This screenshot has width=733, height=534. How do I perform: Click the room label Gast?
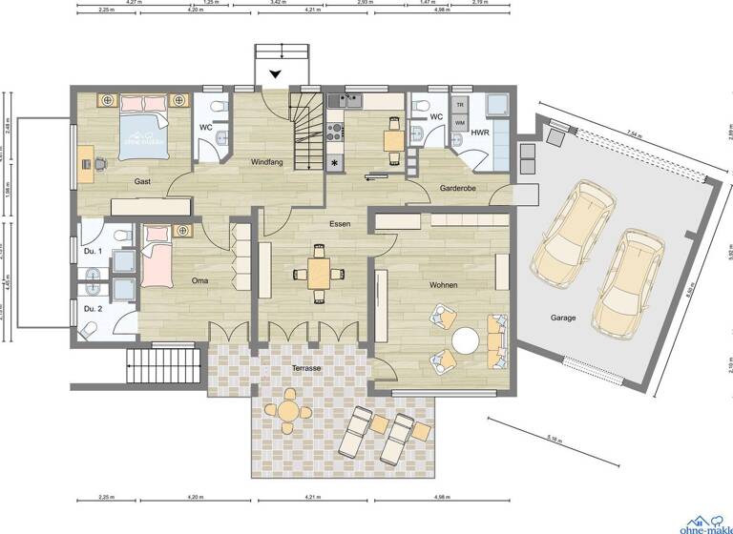(x=142, y=180)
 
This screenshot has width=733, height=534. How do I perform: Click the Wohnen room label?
(x=443, y=285)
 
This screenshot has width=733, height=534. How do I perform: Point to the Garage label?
(x=562, y=318)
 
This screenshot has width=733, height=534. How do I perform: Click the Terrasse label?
(x=306, y=367)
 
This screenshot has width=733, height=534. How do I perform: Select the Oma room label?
(x=199, y=280)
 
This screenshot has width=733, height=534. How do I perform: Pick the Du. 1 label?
(x=92, y=251)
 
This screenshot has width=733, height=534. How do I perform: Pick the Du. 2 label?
(x=92, y=309)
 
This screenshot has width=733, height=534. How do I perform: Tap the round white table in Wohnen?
(x=466, y=339)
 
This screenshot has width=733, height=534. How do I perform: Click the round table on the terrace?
(x=287, y=411)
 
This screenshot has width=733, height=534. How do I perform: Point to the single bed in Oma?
(x=156, y=262)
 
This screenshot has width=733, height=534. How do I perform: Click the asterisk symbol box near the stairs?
(x=335, y=164)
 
